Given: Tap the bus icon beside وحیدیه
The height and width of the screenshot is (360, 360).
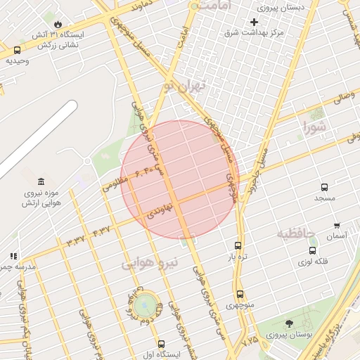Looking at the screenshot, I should point(17,50).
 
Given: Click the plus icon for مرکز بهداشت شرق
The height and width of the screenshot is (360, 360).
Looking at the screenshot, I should point(254,22).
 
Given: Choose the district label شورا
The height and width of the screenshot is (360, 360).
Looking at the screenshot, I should point(316,127).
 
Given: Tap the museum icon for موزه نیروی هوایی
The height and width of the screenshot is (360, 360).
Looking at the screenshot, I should point(41,182).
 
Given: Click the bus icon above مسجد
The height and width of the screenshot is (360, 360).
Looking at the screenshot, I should point(324,187).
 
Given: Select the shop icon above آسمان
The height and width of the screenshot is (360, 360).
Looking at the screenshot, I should point(337,225).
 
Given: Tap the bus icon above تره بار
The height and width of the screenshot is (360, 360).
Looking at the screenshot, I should point(238,246).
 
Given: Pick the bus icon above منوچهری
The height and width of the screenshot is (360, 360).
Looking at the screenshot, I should point(240,294).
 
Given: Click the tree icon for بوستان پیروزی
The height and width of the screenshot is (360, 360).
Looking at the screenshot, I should point(289,323).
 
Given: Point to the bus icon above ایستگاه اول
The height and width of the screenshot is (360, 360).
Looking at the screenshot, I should point(162,344).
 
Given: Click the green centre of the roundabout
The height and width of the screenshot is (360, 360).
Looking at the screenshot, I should point(145,304).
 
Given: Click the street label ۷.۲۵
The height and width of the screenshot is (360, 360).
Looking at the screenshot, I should point(250,341).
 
